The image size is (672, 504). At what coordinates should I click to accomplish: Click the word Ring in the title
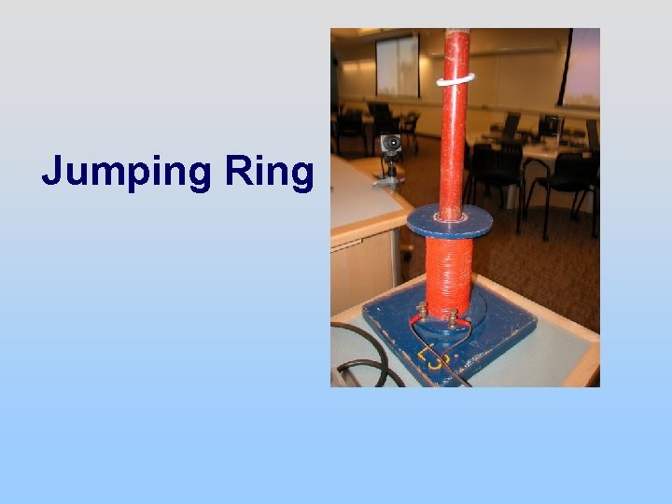click(270, 173)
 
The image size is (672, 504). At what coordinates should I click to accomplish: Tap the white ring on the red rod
click(455, 80)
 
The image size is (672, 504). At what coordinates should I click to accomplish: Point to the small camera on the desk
click(390, 145)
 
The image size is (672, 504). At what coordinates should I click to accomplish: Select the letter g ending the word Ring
click(301, 177)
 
